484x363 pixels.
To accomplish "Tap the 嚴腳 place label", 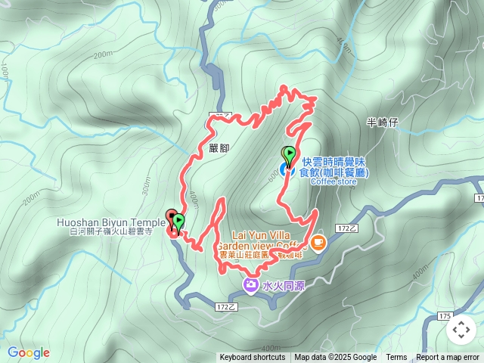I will point(219,149).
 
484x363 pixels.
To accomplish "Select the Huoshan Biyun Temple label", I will point(110,222).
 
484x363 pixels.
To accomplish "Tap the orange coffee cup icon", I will point(318,242).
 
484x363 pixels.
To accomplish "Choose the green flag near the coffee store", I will point(289,154).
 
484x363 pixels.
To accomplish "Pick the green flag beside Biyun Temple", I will point(179,222).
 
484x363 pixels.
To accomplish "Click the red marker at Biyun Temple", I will point(171,219).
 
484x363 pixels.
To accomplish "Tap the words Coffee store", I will point(333,181).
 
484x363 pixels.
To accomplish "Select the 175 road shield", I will point(445,315).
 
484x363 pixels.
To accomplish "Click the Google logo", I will point(28,352).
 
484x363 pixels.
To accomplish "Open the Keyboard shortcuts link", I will point(253,358).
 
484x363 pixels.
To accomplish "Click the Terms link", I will point(396,358).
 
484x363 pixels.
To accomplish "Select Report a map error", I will point(448,358).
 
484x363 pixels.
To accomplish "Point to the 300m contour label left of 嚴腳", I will point(145,185).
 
